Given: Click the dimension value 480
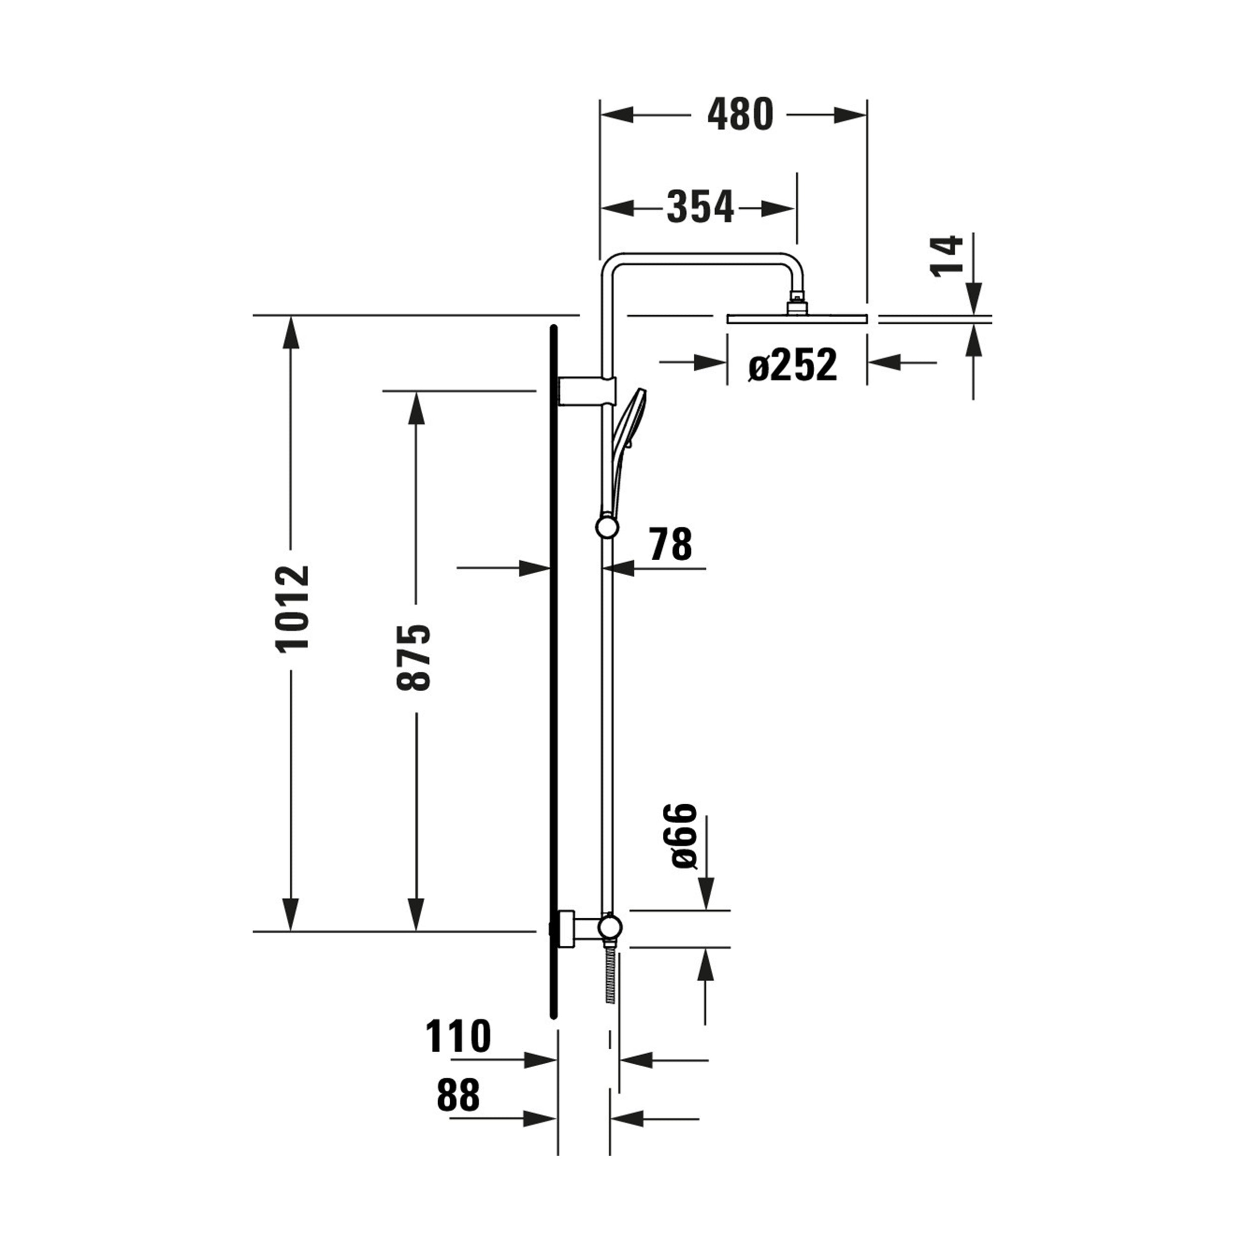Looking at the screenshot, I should point(740,116).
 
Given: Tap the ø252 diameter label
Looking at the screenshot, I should point(793,365).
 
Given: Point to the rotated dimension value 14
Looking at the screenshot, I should point(947,256).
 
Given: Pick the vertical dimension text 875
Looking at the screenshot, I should point(413,657).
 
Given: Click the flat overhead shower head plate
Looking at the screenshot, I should point(796,318).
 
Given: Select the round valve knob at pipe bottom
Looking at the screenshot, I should point(609,927).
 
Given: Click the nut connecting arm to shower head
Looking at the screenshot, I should point(797,304).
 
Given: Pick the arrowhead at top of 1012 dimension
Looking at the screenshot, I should point(291,332).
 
